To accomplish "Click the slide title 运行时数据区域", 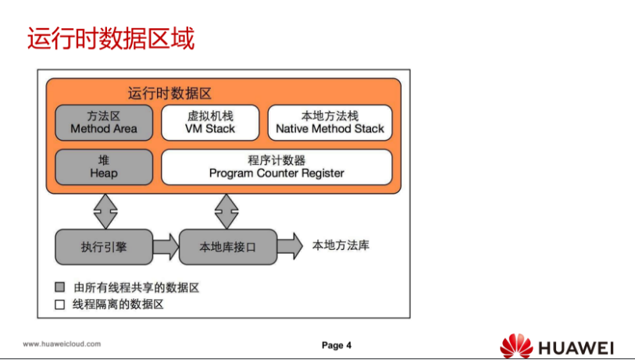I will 111,38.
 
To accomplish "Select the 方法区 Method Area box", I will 104,123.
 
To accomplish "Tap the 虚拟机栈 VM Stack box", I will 210,123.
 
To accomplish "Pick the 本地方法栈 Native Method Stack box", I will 330,123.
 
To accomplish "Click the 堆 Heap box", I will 104,166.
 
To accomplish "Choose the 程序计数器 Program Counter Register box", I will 276,166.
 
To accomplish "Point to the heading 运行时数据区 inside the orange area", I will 169,93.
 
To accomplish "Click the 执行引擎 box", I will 104,247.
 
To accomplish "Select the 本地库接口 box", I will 227,247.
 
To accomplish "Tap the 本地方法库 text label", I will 341,245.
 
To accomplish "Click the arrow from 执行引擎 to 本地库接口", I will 166,247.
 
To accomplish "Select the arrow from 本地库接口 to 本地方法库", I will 289,246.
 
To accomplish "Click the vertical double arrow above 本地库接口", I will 227,209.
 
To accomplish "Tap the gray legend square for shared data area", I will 59,287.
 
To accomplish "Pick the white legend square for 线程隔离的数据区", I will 59,305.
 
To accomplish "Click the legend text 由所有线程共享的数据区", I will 136,287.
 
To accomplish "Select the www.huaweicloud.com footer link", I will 62,344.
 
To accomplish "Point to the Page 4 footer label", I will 337,345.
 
